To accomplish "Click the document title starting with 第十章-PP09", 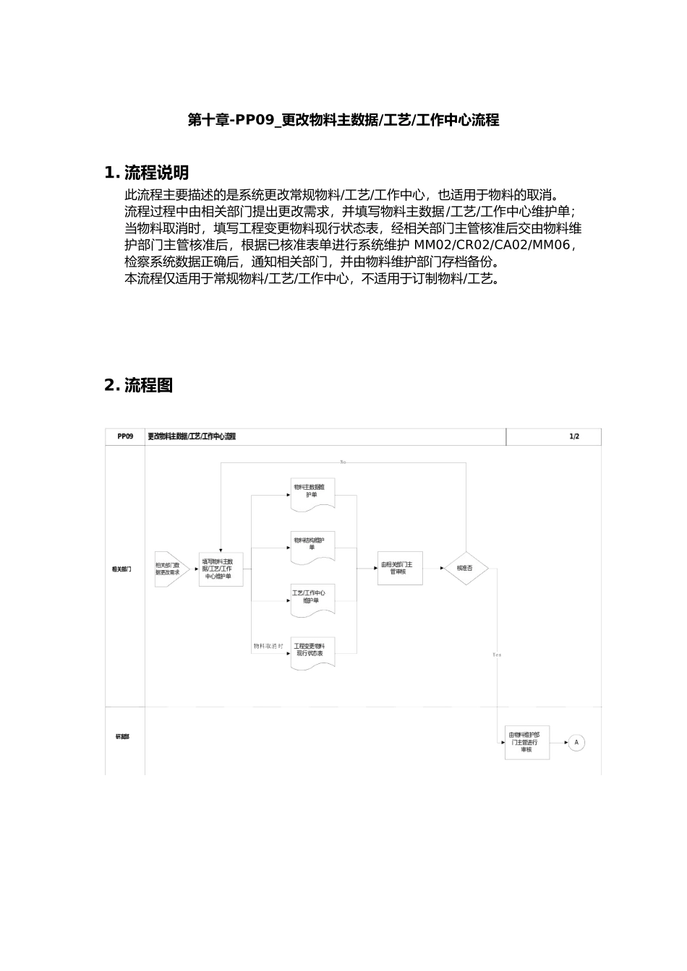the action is click(343, 121).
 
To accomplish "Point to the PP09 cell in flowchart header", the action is click(125, 436).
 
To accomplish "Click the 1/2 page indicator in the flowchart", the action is click(574, 436).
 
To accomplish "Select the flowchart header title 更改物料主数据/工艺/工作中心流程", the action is click(192, 436).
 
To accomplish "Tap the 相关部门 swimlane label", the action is click(121, 569).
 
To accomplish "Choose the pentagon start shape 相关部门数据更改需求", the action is click(171, 569).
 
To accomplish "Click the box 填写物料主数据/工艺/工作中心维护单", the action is click(221, 569).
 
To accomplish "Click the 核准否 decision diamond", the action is click(465, 569).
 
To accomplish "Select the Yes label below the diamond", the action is click(497, 655).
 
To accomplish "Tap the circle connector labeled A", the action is click(576, 742).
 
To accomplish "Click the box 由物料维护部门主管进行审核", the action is click(527, 742).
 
